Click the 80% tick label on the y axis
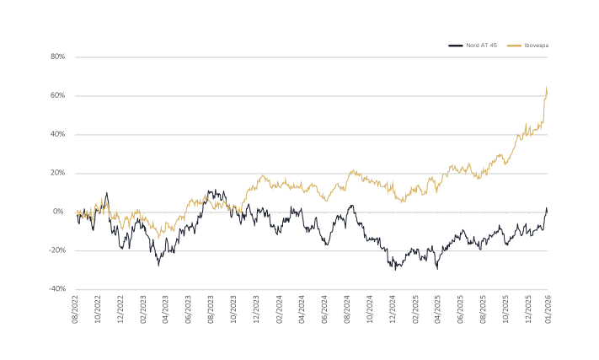58,57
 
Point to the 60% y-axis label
58,96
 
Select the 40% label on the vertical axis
58,135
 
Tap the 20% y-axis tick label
58,173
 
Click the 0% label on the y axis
60,212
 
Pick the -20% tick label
57,250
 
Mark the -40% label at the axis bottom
57,289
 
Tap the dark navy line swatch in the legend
456,45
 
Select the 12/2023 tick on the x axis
257,309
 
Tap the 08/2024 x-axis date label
349,309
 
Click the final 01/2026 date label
548,309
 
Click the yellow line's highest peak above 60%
548,87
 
